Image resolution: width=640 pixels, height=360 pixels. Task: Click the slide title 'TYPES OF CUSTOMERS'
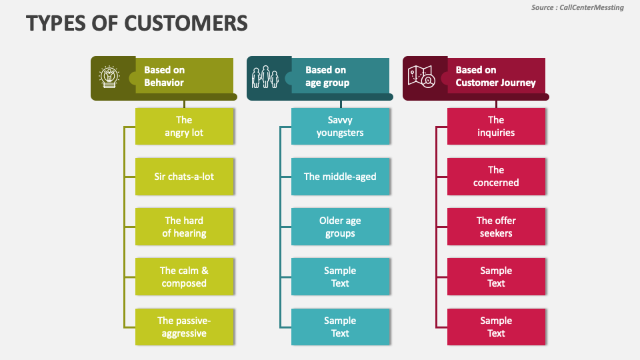pyautogui.click(x=137, y=23)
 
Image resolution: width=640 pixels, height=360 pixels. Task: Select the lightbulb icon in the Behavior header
pyautogui.click(x=109, y=77)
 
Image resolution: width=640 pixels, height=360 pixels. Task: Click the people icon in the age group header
pyautogui.click(x=265, y=77)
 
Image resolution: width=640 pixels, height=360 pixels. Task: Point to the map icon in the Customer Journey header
pyautogui.click(x=421, y=77)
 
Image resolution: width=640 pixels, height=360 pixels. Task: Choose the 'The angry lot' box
pyautogui.click(x=185, y=126)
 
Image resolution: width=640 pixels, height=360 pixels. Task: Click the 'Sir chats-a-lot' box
pyautogui.click(x=185, y=177)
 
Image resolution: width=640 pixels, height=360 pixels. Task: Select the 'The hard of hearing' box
pyautogui.click(x=185, y=227)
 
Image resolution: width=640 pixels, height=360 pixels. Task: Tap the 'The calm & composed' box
pyautogui.click(x=185, y=277)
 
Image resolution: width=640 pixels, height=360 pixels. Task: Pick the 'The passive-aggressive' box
pyautogui.click(x=185, y=327)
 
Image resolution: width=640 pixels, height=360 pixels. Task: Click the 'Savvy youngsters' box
pyautogui.click(x=340, y=126)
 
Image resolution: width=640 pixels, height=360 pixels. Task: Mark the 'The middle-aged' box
pyautogui.click(x=340, y=177)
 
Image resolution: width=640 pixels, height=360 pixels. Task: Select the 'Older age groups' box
pyautogui.click(x=340, y=227)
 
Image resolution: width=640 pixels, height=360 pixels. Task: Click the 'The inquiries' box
pyautogui.click(x=496, y=126)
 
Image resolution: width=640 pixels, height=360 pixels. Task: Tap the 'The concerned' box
pyautogui.click(x=496, y=177)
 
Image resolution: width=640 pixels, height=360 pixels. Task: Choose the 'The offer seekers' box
pyautogui.click(x=496, y=227)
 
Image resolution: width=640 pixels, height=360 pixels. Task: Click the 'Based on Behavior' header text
pyautogui.click(x=164, y=76)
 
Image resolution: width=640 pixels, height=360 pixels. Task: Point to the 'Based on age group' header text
pyautogui.click(x=327, y=76)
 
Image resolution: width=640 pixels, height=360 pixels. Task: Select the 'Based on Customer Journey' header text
pyautogui.click(x=495, y=76)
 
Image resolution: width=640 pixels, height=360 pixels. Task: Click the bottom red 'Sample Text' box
pyautogui.click(x=496, y=327)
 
